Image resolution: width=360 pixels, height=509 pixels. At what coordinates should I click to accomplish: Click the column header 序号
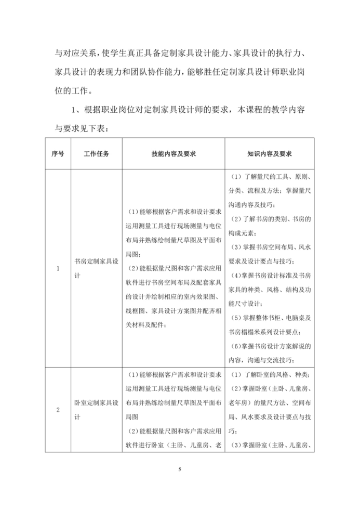(58, 154)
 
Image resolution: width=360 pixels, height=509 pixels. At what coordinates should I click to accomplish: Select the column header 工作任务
(96, 154)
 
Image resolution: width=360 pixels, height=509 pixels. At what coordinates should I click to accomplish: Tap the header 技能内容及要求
(174, 154)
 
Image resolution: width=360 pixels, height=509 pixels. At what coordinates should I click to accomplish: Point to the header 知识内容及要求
(269, 154)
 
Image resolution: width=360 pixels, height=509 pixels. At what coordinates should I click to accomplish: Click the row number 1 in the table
(58, 268)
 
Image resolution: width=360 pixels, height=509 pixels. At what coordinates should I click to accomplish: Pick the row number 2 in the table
(58, 410)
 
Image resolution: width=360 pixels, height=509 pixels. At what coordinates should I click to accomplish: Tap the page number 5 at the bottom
(180, 470)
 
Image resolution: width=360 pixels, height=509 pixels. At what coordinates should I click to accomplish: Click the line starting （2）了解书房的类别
(270, 219)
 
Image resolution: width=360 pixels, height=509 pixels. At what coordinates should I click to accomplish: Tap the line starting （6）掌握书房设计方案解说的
(270, 346)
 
